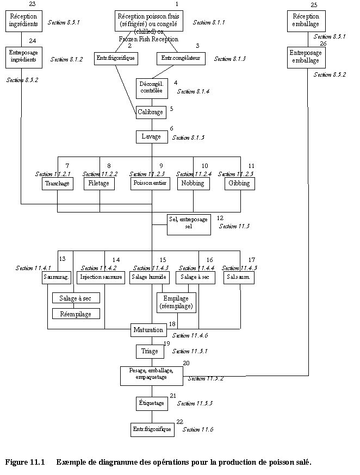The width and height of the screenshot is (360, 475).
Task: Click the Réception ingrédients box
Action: click(x=22, y=21)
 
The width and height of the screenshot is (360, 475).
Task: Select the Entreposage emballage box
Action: click(x=305, y=57)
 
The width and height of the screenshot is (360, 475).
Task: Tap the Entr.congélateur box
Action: click(x=181, y=58)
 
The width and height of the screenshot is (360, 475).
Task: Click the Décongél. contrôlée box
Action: click(x=151, y=87)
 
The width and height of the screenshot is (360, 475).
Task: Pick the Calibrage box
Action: click(x=151, y=112)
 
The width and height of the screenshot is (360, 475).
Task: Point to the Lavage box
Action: click(x=151, y=136)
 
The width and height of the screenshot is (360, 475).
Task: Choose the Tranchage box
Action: click(x=57, y=184)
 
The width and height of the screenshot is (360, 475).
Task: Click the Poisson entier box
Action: click(x=151, y=184)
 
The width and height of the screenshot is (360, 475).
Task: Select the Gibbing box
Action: click(x=239, y=184)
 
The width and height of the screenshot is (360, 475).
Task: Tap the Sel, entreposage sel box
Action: click(x=189, y=223)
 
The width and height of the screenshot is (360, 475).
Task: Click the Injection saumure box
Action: click(x=101, y=277)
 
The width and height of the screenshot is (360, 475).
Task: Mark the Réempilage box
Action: click(x=76, y=314)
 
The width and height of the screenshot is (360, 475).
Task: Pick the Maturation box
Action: click(x=148, y=329)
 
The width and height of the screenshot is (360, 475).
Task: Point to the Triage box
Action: click(x=150, y=351)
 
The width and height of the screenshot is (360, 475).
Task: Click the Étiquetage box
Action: click(x=151, y=403)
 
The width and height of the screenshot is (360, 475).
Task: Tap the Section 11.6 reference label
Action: click(x=197, y=429)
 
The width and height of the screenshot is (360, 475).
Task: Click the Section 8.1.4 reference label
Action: click(x=193, y=91)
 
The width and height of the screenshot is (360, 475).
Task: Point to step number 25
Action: click(x=314, y=4)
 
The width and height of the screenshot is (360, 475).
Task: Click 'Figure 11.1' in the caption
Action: click(x=24, y=462)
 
